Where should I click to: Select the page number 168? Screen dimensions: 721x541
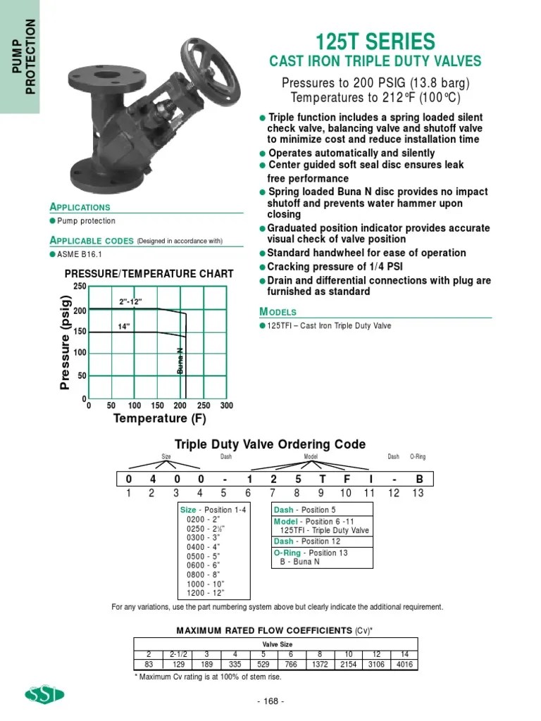pyautogui.click(x=270, y=701)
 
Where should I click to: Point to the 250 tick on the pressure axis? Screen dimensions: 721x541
pyautogui.click(x=79, y=285)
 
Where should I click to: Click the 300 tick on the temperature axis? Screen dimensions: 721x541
pyautogui.click(x=226, y=406)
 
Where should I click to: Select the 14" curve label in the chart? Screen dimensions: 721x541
pyautogui.click(x=125, y=326)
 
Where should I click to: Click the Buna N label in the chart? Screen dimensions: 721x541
pyautogui.click(x=180, y=360)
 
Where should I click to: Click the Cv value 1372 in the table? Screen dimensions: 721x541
pyautogui.click(x=320, y=664)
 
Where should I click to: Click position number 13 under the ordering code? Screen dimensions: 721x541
pyautogui.click(x=418, y=493)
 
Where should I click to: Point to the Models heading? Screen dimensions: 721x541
pyautogui.click(x=278, y=312)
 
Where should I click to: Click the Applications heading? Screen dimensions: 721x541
pyautogui.click(x=80, y=207)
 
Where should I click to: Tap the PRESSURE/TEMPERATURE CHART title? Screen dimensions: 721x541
pyautogui.click(x=149, y=273)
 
